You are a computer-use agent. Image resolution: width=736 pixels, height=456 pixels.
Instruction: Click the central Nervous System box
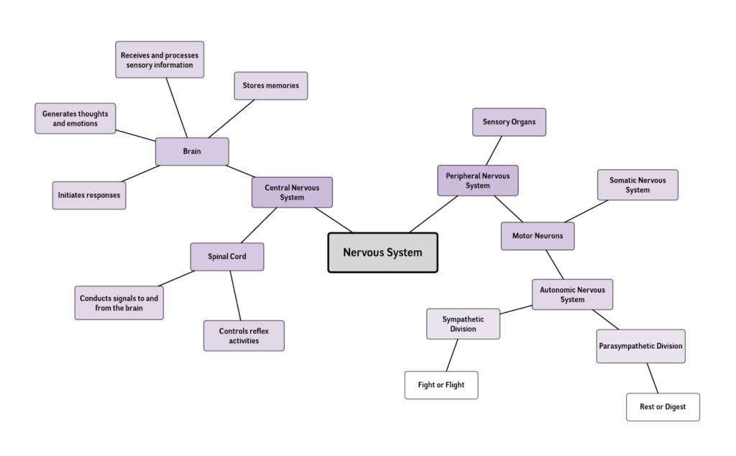coord(382,252)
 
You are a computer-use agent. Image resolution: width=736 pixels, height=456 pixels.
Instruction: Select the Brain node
coord(192,152)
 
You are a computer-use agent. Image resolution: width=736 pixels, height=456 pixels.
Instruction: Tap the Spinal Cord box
coord(227,257)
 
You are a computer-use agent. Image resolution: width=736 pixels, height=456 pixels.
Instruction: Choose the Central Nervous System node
coord(292,192)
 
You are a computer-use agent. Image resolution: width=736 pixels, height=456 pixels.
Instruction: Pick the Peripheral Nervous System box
coord(477,180)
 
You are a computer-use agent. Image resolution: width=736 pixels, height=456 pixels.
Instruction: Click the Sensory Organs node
coord(509,122)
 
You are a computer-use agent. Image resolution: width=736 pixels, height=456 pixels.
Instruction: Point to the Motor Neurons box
coord(538,236)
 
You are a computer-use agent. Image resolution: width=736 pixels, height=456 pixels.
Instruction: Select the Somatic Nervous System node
coord(638,185)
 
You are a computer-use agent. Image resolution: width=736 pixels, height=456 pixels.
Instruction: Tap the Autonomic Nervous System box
coord(572,294)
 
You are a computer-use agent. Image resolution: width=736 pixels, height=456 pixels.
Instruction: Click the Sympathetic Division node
coord(463,324)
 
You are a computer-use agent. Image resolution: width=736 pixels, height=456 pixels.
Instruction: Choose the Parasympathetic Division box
coord(640,346)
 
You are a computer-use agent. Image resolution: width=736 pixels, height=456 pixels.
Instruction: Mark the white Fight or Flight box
coord(441,385)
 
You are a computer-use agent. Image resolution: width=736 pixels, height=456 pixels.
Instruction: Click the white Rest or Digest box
coord(663,406)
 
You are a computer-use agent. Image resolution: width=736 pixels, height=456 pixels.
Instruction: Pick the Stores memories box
coord(271,86)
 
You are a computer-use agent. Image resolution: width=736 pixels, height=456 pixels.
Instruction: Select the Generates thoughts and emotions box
coord(75,118)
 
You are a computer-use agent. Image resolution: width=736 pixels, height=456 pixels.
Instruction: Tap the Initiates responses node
coord(89,195)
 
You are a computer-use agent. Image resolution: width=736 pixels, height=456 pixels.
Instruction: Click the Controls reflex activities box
coord(244,335)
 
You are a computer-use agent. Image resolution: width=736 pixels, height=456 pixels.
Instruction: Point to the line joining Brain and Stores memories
coord(231,119)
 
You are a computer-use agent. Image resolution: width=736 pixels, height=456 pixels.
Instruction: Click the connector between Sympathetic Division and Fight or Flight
coord(451,355)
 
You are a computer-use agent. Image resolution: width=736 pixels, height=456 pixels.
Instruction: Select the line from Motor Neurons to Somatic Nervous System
coord(586,211)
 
